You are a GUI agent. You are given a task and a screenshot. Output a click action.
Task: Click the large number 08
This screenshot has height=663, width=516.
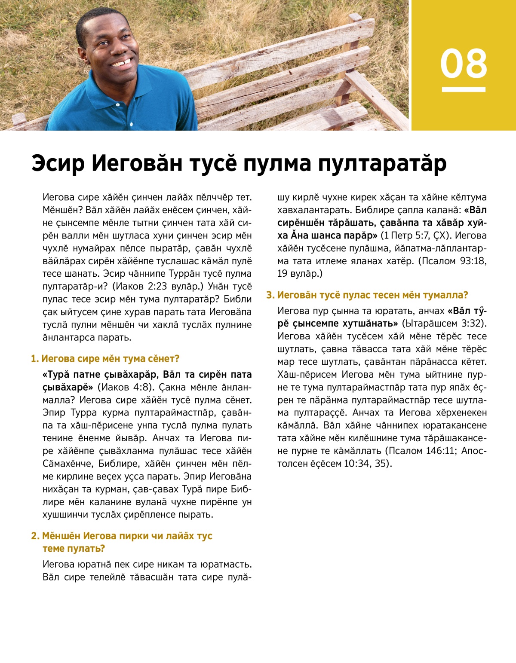(x=464, y=64)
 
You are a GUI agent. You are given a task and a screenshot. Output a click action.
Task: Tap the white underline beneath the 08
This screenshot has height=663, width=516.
(x=464, y=90)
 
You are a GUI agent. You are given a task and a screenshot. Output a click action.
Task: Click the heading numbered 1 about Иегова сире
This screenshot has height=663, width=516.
(x=105, y=358)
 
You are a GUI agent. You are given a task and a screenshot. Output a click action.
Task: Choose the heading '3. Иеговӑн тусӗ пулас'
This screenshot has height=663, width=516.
(x=367, y=295)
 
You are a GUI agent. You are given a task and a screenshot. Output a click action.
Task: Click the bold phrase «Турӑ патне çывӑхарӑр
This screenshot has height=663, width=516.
(x=101, y=374)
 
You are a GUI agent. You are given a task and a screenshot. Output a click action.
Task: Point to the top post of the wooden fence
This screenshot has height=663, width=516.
(x=355, y=18)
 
